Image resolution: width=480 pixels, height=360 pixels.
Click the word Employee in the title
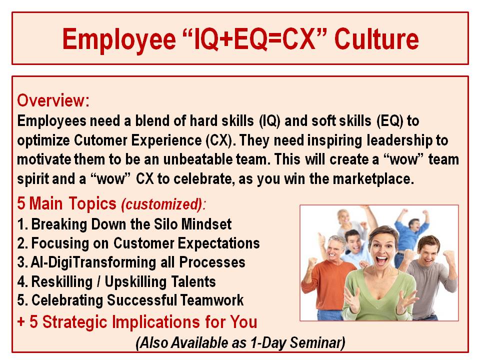coord(119,39)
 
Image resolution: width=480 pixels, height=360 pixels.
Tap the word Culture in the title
coord(376,38)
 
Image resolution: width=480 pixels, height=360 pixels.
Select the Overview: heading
coord(53,100)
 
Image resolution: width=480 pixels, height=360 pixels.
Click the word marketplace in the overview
coord(373,179)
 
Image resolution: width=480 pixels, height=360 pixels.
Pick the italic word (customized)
coord(162,204)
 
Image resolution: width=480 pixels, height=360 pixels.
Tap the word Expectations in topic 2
coord(219,243)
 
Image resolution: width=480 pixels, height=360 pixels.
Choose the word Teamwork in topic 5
coord(212,300)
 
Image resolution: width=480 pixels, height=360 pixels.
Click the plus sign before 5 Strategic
coord(21,322)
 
